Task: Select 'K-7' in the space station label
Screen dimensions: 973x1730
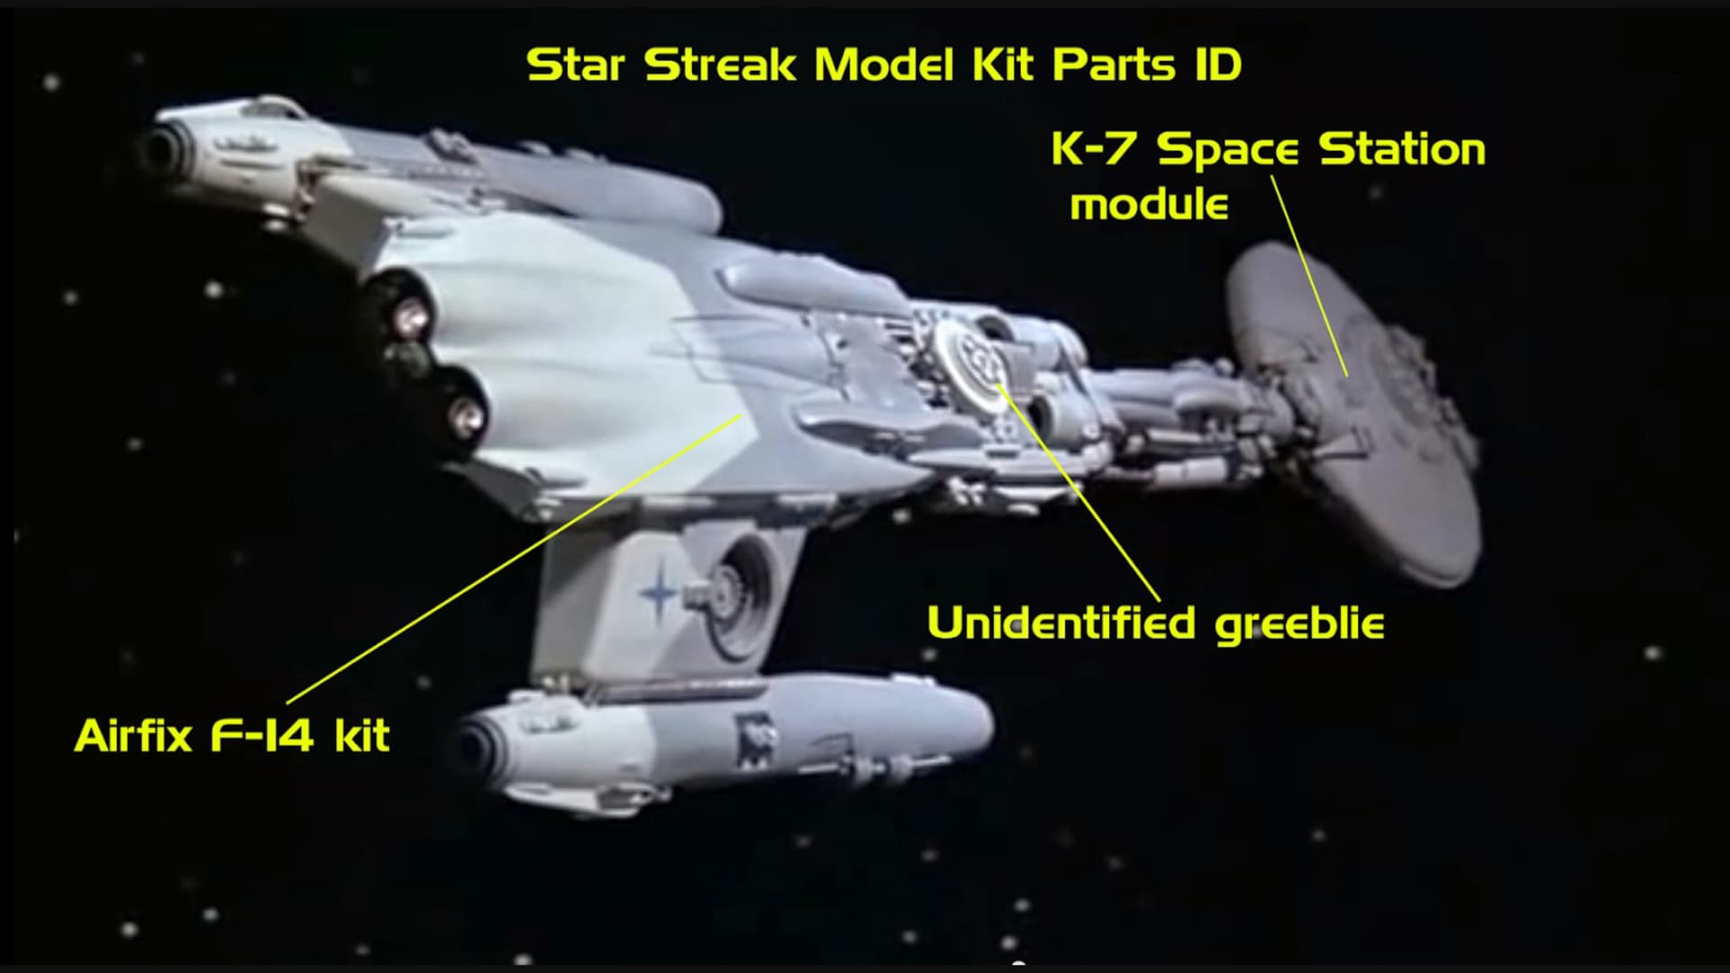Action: click(1094, 150)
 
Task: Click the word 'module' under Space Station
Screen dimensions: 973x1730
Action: click(1149, 205)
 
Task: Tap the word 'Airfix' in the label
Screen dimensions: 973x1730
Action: click(133, 737)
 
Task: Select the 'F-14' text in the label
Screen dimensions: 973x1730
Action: click(262, 737)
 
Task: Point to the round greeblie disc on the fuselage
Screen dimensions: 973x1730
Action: click(971, 366)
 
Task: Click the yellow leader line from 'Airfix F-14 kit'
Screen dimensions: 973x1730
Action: click(514, 559)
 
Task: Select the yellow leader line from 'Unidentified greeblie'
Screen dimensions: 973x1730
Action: click(1077, 491)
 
